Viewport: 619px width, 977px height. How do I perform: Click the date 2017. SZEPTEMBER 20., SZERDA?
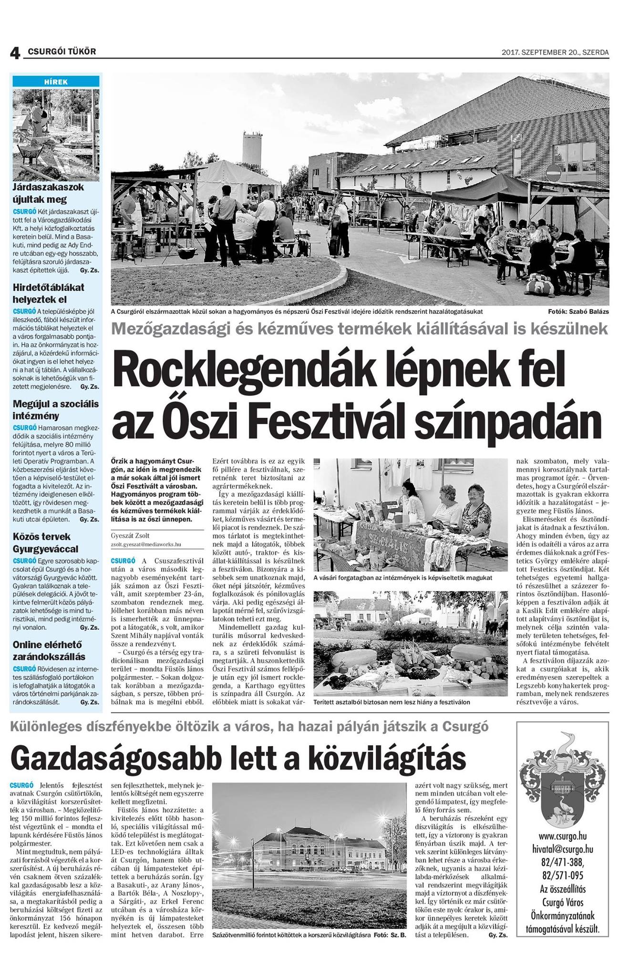tap(555, 52)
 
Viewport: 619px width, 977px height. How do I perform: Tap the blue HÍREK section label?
tap(56, 82)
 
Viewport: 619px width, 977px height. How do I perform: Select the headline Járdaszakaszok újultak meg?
tap(48, 193)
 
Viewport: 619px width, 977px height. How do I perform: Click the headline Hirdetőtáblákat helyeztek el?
tap(49, 293)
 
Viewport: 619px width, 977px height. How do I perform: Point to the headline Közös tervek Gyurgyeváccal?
tap(46, 542)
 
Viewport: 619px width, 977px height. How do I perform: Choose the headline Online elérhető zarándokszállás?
tap(49, 650)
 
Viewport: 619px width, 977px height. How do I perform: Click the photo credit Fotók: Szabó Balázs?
tap(578, 312)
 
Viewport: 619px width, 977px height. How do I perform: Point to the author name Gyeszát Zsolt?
tap(131, 536)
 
